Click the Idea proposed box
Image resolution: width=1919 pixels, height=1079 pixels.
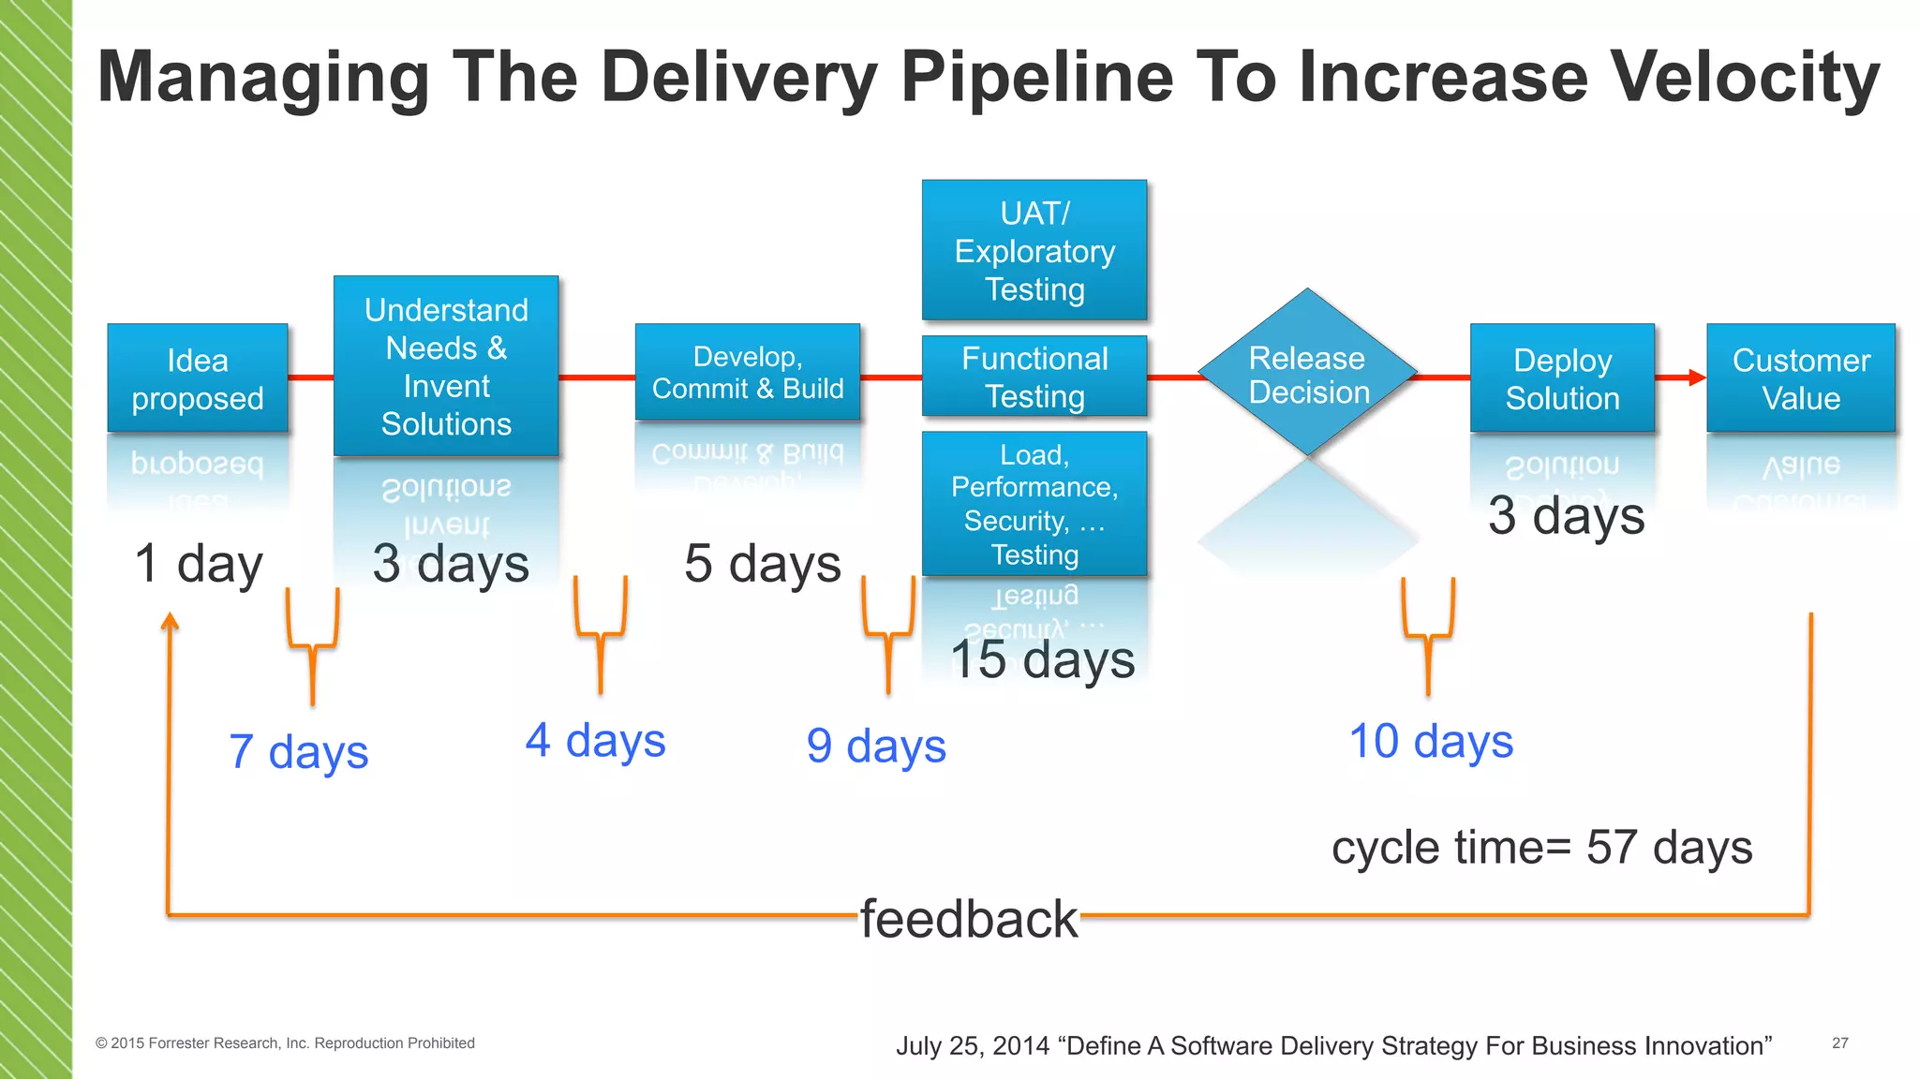click(197, 378)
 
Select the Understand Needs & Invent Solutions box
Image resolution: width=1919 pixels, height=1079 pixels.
click(446, 366)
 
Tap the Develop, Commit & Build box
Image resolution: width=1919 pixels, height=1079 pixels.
click(747, 373)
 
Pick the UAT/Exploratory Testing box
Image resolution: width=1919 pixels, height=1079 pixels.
click(1034, 251)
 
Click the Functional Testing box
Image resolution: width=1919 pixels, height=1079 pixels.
click(1034, 377)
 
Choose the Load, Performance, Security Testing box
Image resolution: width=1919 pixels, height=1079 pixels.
click(1034, 504)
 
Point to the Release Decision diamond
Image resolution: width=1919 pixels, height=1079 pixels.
click(1308, 374)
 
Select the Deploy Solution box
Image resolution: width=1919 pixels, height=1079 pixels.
click(1562, 378)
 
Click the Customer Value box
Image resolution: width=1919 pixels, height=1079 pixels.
click(1800, 378)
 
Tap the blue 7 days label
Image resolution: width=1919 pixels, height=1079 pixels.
click(299, 752)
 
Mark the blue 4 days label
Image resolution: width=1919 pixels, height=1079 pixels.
click(595, 741)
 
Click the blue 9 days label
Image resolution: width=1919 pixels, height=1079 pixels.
click(876, 746)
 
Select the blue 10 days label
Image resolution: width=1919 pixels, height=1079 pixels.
click(1431, 742)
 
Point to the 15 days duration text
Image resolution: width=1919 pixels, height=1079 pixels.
click(1042, 659)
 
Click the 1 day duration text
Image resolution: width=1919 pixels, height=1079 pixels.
click(199, 564)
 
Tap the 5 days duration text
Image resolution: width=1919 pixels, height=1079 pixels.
click(763, 564)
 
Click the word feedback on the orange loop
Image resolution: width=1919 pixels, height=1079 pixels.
click(969, 919)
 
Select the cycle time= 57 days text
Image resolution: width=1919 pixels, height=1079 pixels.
click(1541, 848)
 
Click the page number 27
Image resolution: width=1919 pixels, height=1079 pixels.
click(1839, 1042)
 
